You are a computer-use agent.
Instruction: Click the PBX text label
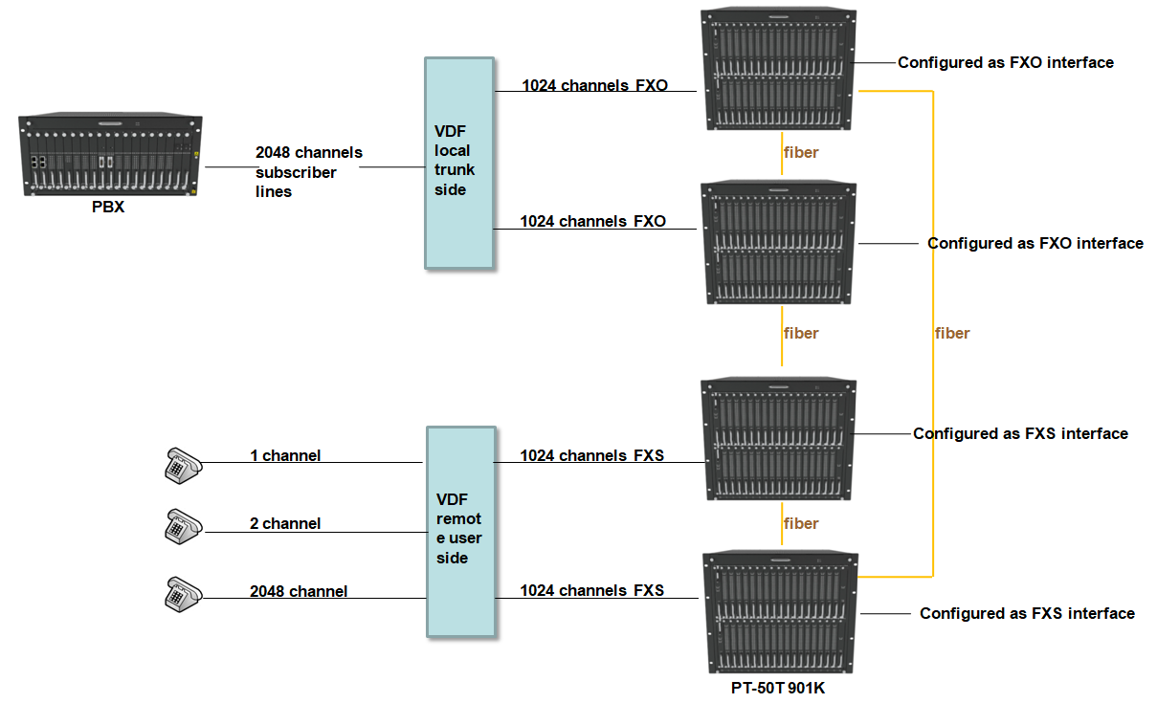point(108,207)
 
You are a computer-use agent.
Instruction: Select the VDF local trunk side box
point(459,163)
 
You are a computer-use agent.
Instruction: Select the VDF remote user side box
point(460,531)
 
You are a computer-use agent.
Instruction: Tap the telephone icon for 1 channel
point(181,463)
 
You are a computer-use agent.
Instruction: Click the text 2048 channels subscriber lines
point(308,172)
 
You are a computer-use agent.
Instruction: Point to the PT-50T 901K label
point(777,688)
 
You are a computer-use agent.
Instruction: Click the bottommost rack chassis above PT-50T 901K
point(781,612)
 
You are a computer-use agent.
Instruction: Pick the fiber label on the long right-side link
point(951,334)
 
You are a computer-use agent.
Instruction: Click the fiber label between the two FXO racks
point(801,152)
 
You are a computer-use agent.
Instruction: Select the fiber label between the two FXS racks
point(801,523)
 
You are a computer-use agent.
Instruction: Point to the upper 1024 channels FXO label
point(594,85)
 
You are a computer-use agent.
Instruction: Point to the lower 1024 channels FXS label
point(592,590)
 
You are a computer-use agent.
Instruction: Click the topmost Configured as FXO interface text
point(1005,63)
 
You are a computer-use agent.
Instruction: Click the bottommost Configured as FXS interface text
point(1027,613)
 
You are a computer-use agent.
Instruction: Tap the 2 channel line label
point(285,523)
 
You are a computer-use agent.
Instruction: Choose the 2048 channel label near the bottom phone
point(299,591)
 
